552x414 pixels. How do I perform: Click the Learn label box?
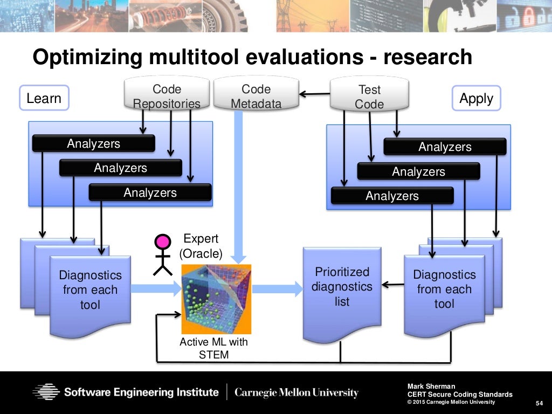click(44, 98)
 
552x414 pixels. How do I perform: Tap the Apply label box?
click(476, 99)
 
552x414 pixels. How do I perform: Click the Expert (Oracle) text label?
click(200, 246)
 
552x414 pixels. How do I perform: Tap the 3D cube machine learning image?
click(216, 299)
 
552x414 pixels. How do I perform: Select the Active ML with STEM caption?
click(213, 348)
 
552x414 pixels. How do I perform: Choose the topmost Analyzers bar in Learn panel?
click(93, 143)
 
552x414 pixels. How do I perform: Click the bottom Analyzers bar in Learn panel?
click(150, 192)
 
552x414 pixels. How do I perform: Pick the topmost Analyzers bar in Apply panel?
click(445, 147)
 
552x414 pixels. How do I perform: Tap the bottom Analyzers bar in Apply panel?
click(392, 196)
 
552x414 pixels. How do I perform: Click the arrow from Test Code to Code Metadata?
click(314, 94)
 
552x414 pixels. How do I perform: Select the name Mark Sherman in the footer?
click(431, 386)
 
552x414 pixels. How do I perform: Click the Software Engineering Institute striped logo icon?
click(46, 392)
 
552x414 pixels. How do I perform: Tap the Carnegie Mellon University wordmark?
click(296, 392)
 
